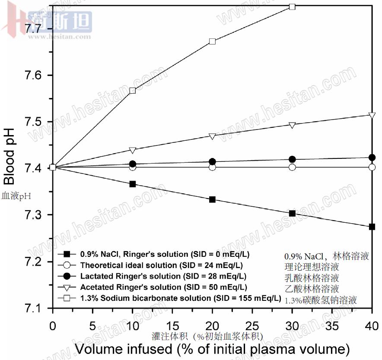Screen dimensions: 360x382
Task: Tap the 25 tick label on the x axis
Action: coord(252,325)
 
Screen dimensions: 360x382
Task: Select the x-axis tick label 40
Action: coord(372,325)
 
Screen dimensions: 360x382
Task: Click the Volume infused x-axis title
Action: coord(212,348)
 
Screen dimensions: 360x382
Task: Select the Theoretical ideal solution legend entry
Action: coord(161,265)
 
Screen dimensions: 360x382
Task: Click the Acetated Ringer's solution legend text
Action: coord(163,287)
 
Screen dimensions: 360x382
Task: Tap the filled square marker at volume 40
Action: coord(372,227)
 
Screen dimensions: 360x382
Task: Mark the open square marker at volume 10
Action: coord(133,91)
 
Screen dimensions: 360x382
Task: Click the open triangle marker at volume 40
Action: coord(372,115)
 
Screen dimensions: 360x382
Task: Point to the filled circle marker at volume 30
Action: coord(292,159)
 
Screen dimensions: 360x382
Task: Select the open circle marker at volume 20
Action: coord(212,167)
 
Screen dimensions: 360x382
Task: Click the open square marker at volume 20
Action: coord(212,41)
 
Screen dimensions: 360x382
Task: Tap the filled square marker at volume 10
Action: coord(133,184)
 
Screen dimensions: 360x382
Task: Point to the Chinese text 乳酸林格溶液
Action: coord(312,277)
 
